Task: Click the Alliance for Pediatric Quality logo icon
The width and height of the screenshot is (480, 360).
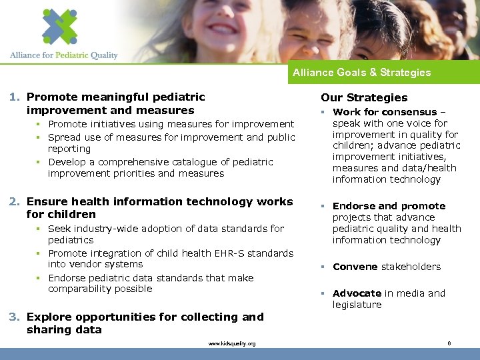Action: [x=59, y=26]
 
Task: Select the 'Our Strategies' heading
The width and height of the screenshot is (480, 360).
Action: [x=364, y=97]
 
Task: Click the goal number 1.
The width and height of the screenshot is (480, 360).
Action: [x=14, y=97]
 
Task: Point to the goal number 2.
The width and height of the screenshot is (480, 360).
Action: [x=14, y=202]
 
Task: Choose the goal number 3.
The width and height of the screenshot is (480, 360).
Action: [x=14, y=317]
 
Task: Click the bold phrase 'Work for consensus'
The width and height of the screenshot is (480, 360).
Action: [x=385, y=112]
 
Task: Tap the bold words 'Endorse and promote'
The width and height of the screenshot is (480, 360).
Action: [x=389, y=206]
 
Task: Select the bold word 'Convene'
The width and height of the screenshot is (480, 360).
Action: [x=355, y=267]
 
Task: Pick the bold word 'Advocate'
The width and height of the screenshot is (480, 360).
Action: [x=357, y=293]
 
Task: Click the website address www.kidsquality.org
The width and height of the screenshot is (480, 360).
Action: [x=231, y=343]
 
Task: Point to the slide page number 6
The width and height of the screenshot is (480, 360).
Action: [x=449, y=343]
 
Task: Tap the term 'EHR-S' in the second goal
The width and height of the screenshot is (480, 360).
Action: [x=209, y=253]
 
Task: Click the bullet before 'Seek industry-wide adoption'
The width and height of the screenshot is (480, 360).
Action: [x=41, y=229]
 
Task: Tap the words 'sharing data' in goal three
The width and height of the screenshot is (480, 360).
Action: [x=64, y=330]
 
